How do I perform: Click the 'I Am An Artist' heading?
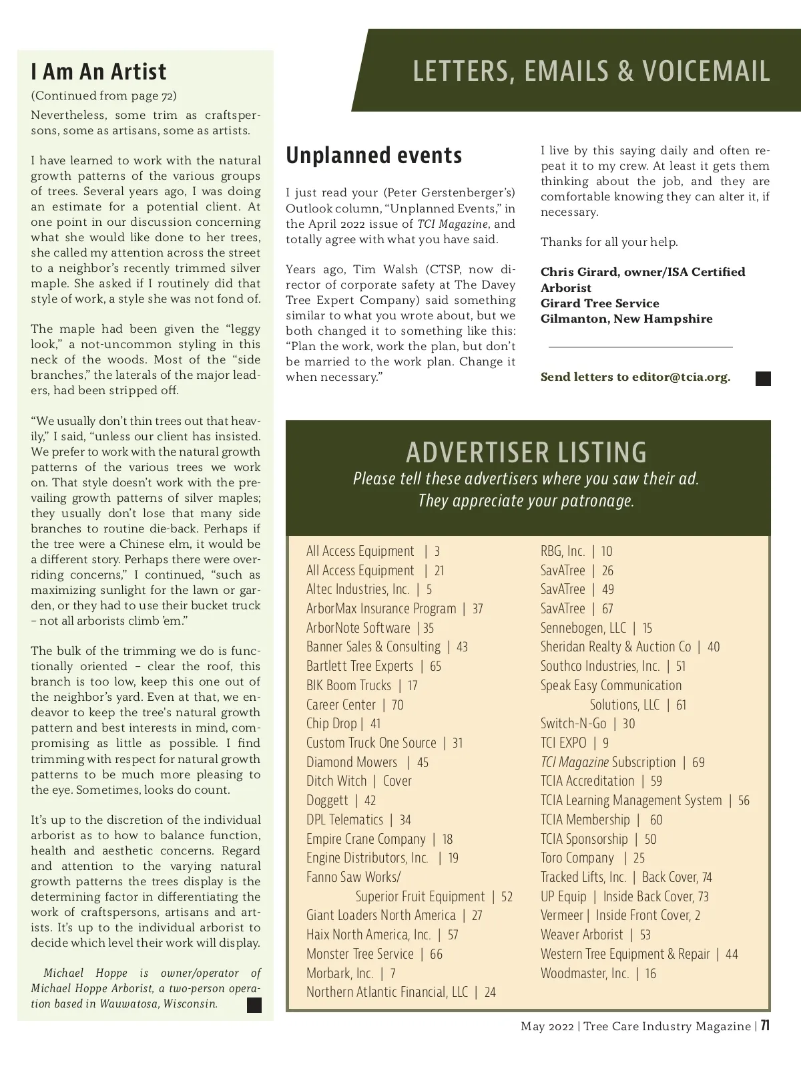click(99, 71)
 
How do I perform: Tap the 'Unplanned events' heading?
click(374, 155)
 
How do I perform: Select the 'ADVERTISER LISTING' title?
click(527, 452)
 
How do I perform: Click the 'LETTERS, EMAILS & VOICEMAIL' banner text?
click(591, 71)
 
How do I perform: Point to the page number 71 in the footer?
click(766, 1026)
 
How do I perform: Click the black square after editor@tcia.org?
click(763, 379)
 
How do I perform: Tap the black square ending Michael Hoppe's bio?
click(254, 1005)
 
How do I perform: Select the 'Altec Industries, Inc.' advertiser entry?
click(358, 589)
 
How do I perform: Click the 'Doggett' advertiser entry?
click(327, 800)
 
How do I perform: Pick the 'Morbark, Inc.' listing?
click(340, 973)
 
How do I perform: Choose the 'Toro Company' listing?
click(577, 858)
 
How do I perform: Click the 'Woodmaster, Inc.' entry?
click(585, 973)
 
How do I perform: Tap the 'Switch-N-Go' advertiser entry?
click(573, 724)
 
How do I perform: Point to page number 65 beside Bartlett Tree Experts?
click(435, 666)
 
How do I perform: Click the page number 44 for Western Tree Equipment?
click(732, 954)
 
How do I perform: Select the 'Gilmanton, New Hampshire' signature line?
click(626, 319)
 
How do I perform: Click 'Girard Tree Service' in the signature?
click(599, 303)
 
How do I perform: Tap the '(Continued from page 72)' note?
click(103, 96)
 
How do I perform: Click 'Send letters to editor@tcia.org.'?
click(635, 377)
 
